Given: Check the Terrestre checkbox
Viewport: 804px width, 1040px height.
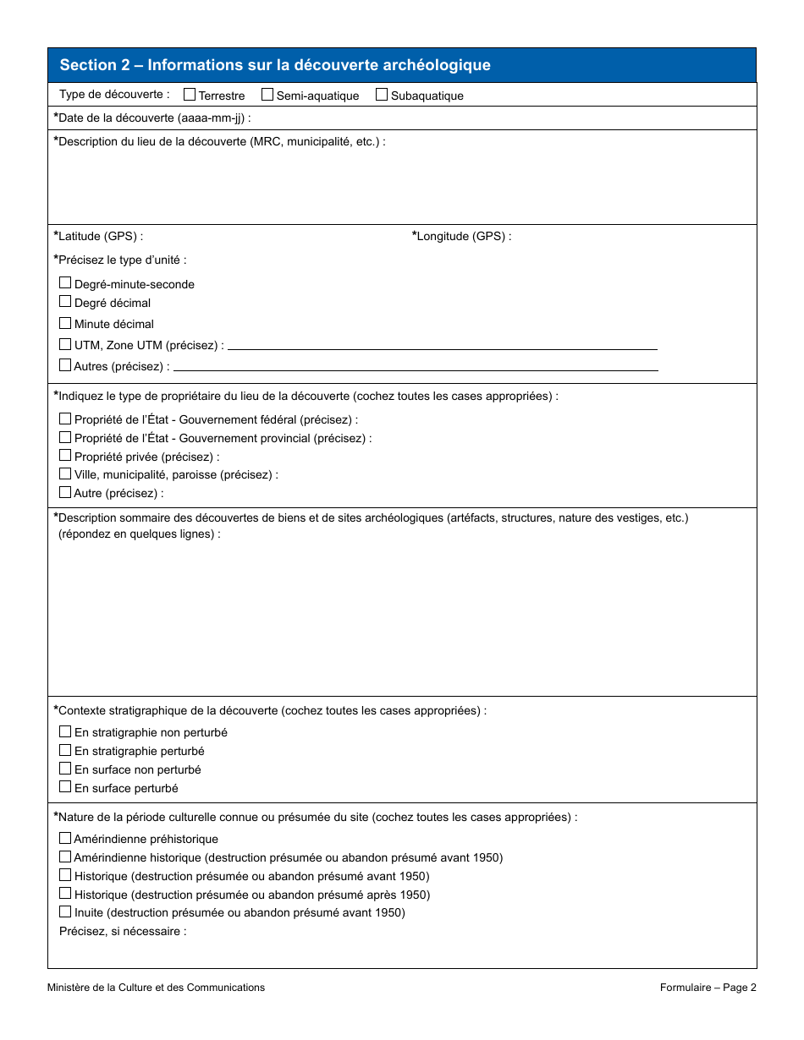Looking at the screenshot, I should click(190, 95).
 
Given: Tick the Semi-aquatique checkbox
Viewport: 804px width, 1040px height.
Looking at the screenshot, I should click(267, 95).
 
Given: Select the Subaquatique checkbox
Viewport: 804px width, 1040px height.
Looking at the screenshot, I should click(382, 95).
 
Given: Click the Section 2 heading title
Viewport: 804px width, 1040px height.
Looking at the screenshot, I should click(275, 65).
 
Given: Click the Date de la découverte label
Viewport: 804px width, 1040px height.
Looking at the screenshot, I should click(152, 118).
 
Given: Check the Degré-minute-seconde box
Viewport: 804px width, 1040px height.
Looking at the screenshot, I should click(65, 283).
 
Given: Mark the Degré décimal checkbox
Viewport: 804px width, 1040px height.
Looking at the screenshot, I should click(65, 302).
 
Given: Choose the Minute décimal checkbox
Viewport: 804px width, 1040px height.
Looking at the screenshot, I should click(65, 323).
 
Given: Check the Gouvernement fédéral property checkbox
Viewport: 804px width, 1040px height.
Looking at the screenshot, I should click(65, 419).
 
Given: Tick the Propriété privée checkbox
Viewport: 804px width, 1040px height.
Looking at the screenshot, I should click(65, 456).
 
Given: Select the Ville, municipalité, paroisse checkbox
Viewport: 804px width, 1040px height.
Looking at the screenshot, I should click(65, 474).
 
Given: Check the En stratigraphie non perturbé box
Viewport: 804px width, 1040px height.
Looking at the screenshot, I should click(65, 732).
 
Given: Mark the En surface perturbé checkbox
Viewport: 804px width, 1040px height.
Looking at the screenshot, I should click(65, 787).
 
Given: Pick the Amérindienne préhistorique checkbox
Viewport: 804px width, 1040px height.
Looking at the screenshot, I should click(65, 839).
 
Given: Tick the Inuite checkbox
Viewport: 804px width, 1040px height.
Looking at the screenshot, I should click(65, 912).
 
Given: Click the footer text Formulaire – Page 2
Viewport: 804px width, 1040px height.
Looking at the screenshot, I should click(708, 988).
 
